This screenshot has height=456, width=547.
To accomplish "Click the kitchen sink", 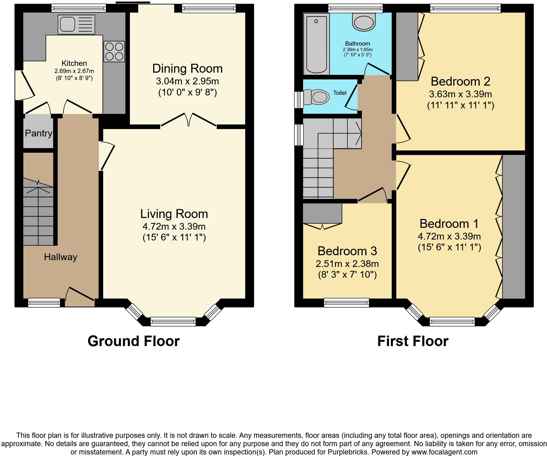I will pyautogui.click(x=76, y=24).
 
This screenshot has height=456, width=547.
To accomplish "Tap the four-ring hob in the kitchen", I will pyautogui.click(x=114, y=51).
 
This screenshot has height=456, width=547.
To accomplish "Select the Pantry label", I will pyautogui.click(x=38, y=133).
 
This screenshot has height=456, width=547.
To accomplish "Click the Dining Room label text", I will pyautogui.click(x=187, y=68).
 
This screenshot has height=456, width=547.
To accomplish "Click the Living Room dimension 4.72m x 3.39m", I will pyautogui.click(x=174, y=227).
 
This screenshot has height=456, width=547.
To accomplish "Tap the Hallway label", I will pyautogui.click(x=60, y=257).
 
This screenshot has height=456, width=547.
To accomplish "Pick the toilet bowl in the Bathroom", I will pyautogui.click(x=364, y=22).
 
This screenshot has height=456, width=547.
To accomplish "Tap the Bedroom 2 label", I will pyautogui.click(x=460, y=81).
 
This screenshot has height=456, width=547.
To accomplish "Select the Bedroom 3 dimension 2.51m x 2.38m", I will pyautogui.click(x=347, y=264).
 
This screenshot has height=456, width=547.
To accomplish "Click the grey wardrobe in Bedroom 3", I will pyautogui.click(x=322, y=213).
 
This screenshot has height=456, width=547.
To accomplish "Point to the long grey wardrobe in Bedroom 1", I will pyautogui.click(x=513, y=226).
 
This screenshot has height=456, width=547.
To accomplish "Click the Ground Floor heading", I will pyautogui.click(x=133, y=341).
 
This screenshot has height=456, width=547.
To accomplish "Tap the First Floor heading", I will pyautogui.click(x=413, y=341).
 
